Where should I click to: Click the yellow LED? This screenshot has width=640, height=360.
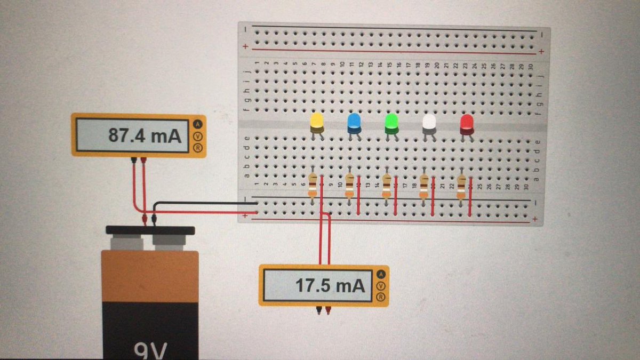(317, 122)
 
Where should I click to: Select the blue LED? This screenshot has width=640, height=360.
(354, 123)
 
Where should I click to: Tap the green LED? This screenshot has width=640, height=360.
(391, 123)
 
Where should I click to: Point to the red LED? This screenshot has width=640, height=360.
(467, 123)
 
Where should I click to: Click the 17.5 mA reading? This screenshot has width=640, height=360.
(331, 286)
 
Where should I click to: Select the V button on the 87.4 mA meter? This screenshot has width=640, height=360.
(198, 135)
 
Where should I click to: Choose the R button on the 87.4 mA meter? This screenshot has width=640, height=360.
(198, 148)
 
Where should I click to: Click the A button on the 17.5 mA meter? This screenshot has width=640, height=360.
(380, 274)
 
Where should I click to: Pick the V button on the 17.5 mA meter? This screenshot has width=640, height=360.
(380, 286)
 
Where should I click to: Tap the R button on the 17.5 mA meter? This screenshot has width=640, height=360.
(380, 297)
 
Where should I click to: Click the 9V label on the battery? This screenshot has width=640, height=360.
(151, 351)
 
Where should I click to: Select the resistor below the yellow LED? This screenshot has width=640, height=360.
(313, 186)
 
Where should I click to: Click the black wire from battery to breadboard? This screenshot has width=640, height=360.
(203, 203)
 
